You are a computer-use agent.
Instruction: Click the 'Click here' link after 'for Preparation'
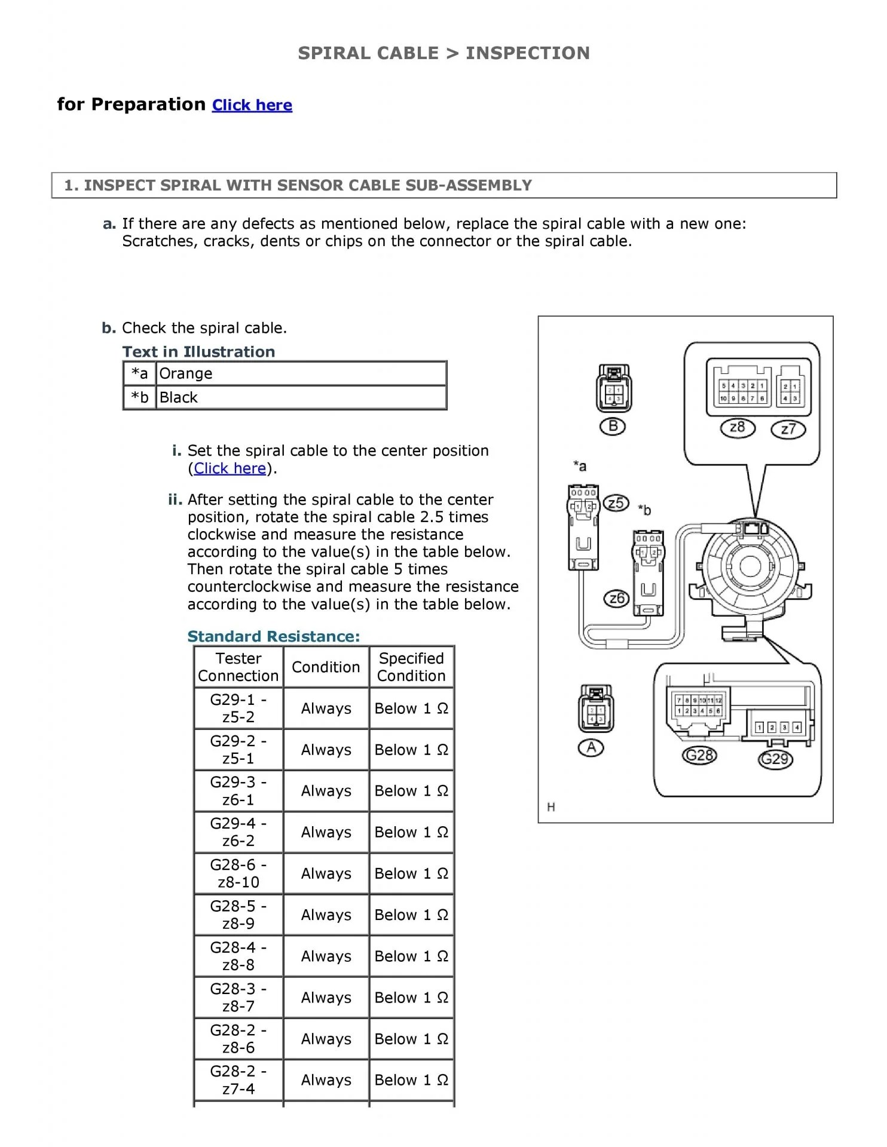click(252, 105)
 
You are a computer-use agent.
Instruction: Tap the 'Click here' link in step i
click(230, 468)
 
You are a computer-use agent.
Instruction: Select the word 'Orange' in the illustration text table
click(185, 373)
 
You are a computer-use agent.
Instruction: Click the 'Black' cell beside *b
click(178, 397)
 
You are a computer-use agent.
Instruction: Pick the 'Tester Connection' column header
click(238, 667)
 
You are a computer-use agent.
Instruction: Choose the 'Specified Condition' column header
click(411, 667)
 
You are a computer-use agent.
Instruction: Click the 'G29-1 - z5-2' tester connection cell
click(238, 708)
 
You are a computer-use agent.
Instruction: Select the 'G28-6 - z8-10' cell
click(238, 873)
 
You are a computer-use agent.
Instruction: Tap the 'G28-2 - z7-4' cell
click(238, 1079)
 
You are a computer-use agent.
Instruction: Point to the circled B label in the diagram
click(613, 427)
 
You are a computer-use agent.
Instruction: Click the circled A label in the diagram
click(591, 747)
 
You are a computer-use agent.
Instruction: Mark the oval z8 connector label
click(738, 428)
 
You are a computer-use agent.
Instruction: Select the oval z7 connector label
click(788, 429)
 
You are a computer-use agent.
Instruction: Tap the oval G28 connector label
click(699, 756)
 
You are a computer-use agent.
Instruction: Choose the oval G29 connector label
click(775, 759)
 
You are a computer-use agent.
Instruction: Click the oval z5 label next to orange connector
click(616, 503)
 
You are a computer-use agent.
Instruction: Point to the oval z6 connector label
click(616, 598)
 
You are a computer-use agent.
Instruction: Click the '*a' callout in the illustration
click(579, 466)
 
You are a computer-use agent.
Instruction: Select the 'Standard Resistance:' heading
click(274, 637)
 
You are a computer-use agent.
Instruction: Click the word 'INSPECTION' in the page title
click(527, 53)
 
